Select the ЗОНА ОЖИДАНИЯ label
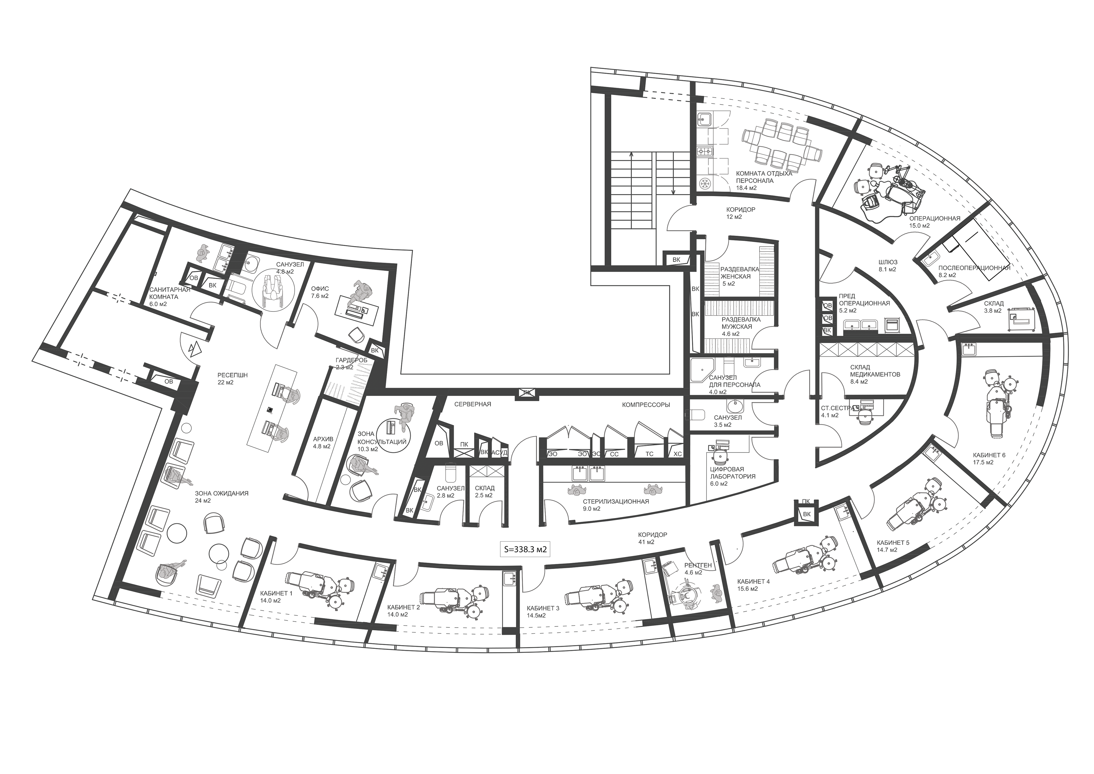click(222, 493)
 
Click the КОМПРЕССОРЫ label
click(646, 405)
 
